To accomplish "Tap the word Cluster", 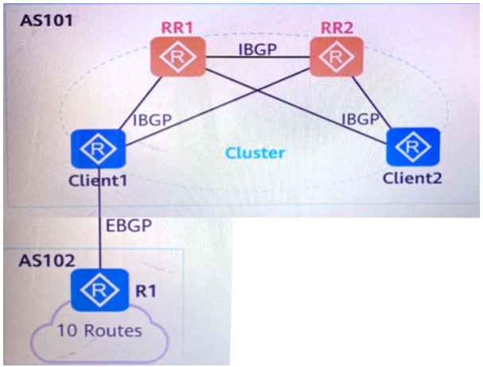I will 255,152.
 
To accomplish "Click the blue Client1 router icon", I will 101,148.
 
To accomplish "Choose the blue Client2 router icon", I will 412,147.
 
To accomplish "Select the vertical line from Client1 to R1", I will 101,223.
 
